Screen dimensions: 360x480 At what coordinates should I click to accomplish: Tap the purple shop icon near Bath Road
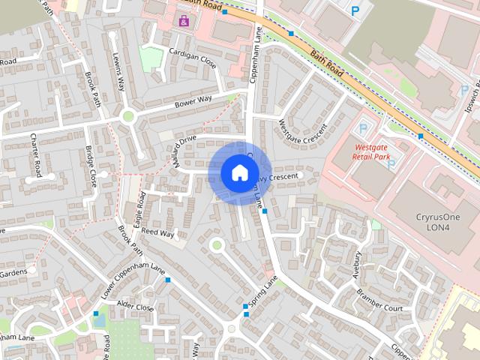[x=184, y=20]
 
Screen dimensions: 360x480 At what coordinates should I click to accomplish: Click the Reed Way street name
[x=157, y=233]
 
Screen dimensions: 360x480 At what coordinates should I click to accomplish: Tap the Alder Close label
[x=135, y=307]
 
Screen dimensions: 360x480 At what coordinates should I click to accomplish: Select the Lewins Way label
[x=118, y=70]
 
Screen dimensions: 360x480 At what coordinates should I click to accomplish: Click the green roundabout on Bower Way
[x=127, y=116]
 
